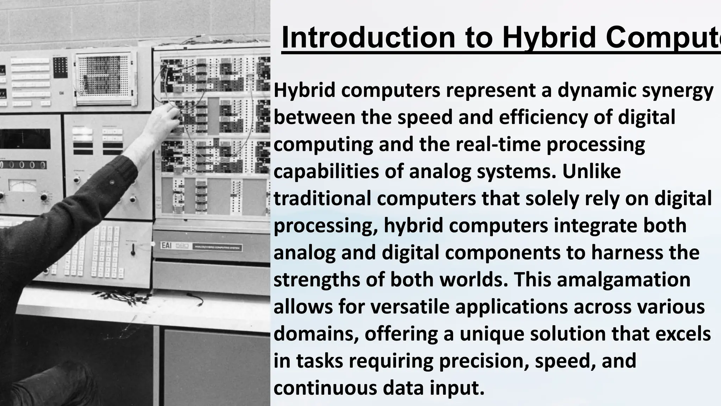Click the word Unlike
tap(591, 172)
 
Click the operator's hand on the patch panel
tap(165, 118)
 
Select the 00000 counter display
tap(23, 165)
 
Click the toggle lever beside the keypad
tap(133, 251)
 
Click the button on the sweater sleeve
tap(112, 182)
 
